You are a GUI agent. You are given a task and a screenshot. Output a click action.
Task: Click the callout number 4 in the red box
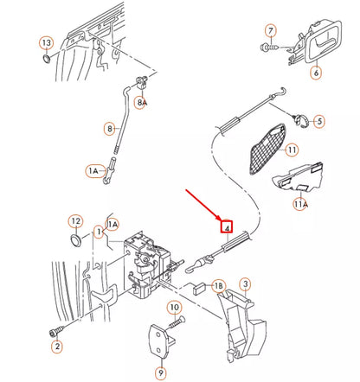pyautogui.click(x=227, y=227)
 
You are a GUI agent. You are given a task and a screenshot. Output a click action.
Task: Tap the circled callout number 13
pyautogui.click(x=46, y=42)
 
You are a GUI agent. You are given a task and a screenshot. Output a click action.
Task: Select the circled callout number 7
pyautogui.click(x=271, y=33)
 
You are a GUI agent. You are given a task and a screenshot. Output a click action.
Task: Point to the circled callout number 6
pyautogui.click(x=316, y=73)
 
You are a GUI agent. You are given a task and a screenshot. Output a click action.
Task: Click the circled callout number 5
pyautogui.click(x=319, y=122)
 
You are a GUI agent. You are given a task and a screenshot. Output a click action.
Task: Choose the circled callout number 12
pyautogui.click(x=75, y=222)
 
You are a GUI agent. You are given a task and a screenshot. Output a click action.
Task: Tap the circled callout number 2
pyautogui.click(x=57, y=347)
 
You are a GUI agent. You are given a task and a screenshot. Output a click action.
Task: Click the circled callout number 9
pyautogui.click(x=160, y=372)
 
